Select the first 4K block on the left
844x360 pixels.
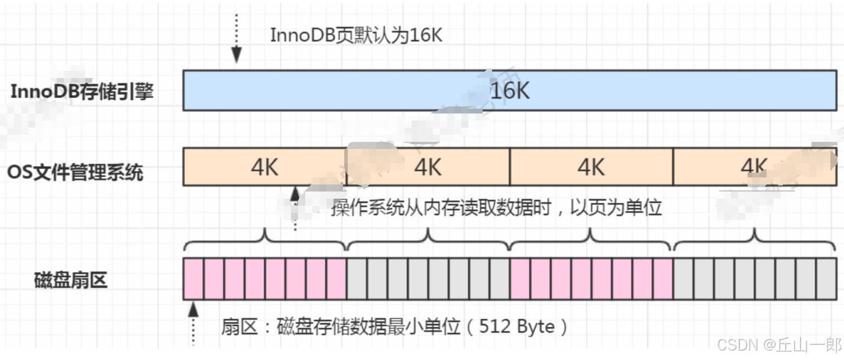[x=264, y=167]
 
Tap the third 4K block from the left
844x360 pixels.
[x=591, y=167]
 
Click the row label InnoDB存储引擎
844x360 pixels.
[x=82, y=92]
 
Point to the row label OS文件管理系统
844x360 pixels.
[x=75, y=173]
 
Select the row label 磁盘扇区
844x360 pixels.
[x=71, y=280]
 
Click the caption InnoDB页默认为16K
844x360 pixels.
[x=356, y=35]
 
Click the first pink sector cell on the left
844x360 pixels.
[x=193, y=279]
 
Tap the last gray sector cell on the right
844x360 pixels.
[x=826, y=279]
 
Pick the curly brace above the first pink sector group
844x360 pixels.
[x=264, y=239]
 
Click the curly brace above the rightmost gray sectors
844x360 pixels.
[x=755, y=239]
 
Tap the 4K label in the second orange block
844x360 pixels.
[x=428, y=167]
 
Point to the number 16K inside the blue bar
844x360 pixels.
[x=510, y=90]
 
